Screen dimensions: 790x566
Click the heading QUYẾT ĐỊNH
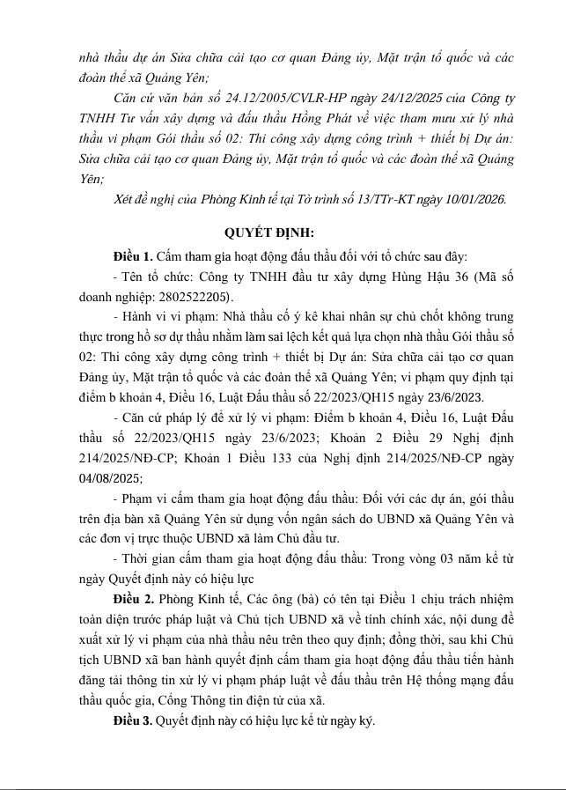point(268,233)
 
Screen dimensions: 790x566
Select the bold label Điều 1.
point(134,256)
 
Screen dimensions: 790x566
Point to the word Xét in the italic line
point(127,199)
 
